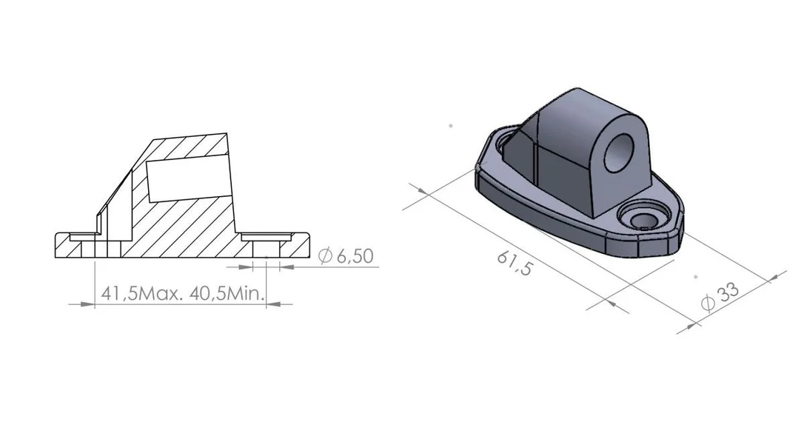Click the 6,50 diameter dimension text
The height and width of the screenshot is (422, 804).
[x=355, y=256]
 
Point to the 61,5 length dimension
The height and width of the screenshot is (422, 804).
[x=515, y=263]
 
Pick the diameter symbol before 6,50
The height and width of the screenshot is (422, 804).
[x=325, y=256]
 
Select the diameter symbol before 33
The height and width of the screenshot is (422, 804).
[x=708, y=304]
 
